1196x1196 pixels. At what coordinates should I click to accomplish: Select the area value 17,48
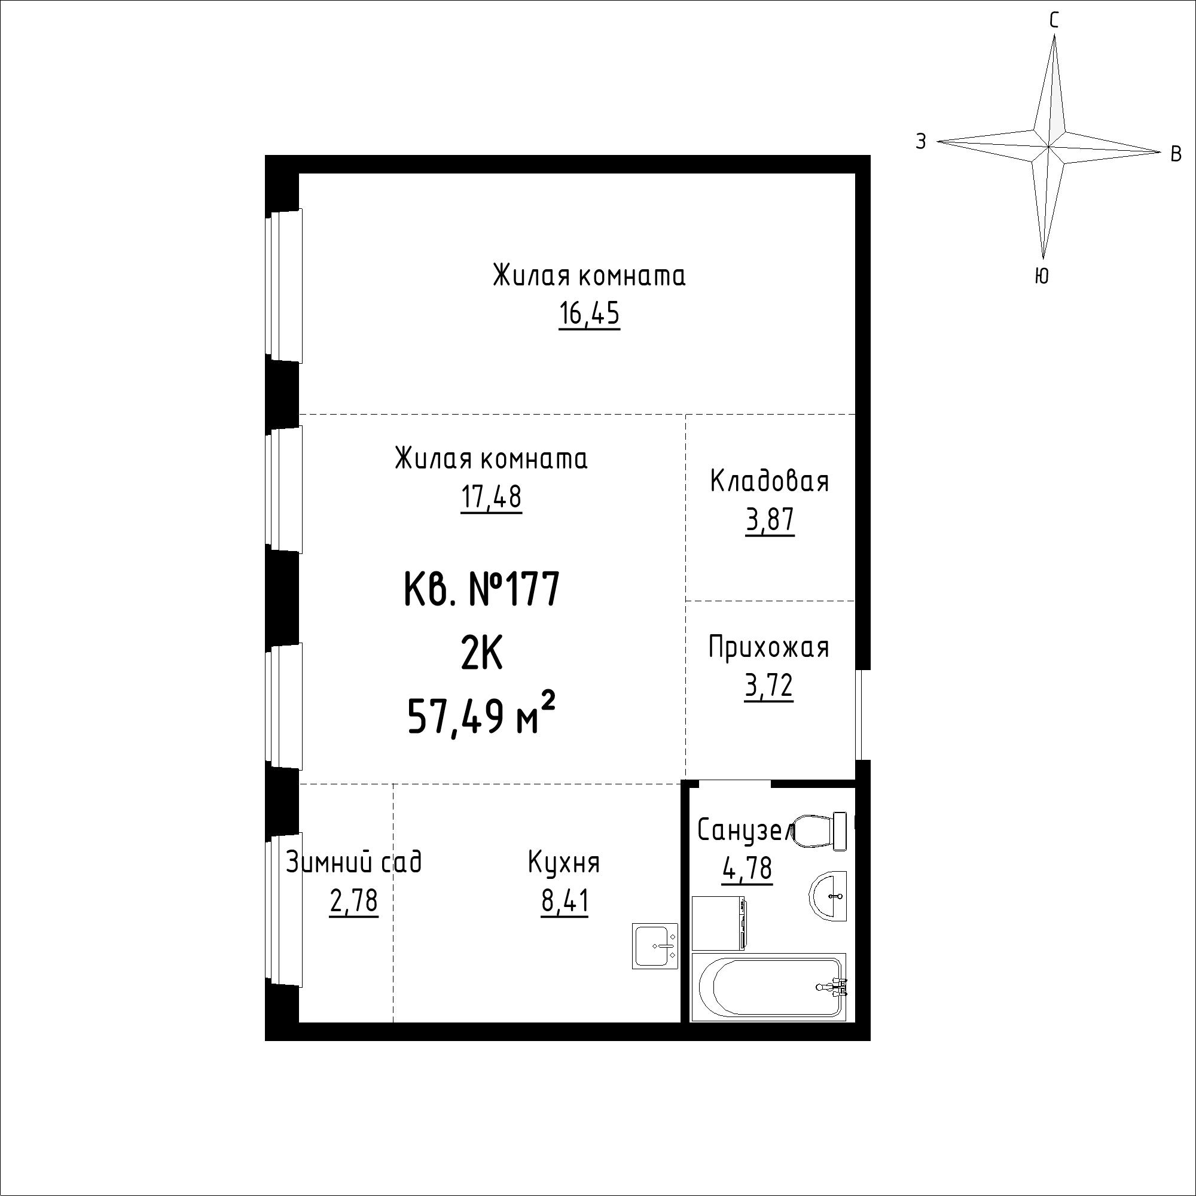(491, 497)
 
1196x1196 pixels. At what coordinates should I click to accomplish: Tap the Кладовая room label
(769, 481)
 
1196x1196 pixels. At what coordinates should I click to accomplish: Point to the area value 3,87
(770, 521)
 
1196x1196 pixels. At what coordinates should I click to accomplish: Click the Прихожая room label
(768, 647)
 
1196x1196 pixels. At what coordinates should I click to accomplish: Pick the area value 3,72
(769, 686)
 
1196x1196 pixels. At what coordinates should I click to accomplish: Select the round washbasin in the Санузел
(828, 896)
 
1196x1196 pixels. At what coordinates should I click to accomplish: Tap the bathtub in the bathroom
(768, 987)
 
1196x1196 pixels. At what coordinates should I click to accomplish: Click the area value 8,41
(565, 901)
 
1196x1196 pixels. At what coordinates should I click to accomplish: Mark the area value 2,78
(353, 901)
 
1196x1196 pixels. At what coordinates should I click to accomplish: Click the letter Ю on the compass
(1042, 276)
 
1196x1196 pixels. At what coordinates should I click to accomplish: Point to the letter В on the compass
(1176, 154)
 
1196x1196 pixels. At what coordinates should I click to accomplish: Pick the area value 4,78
(747, 868)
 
